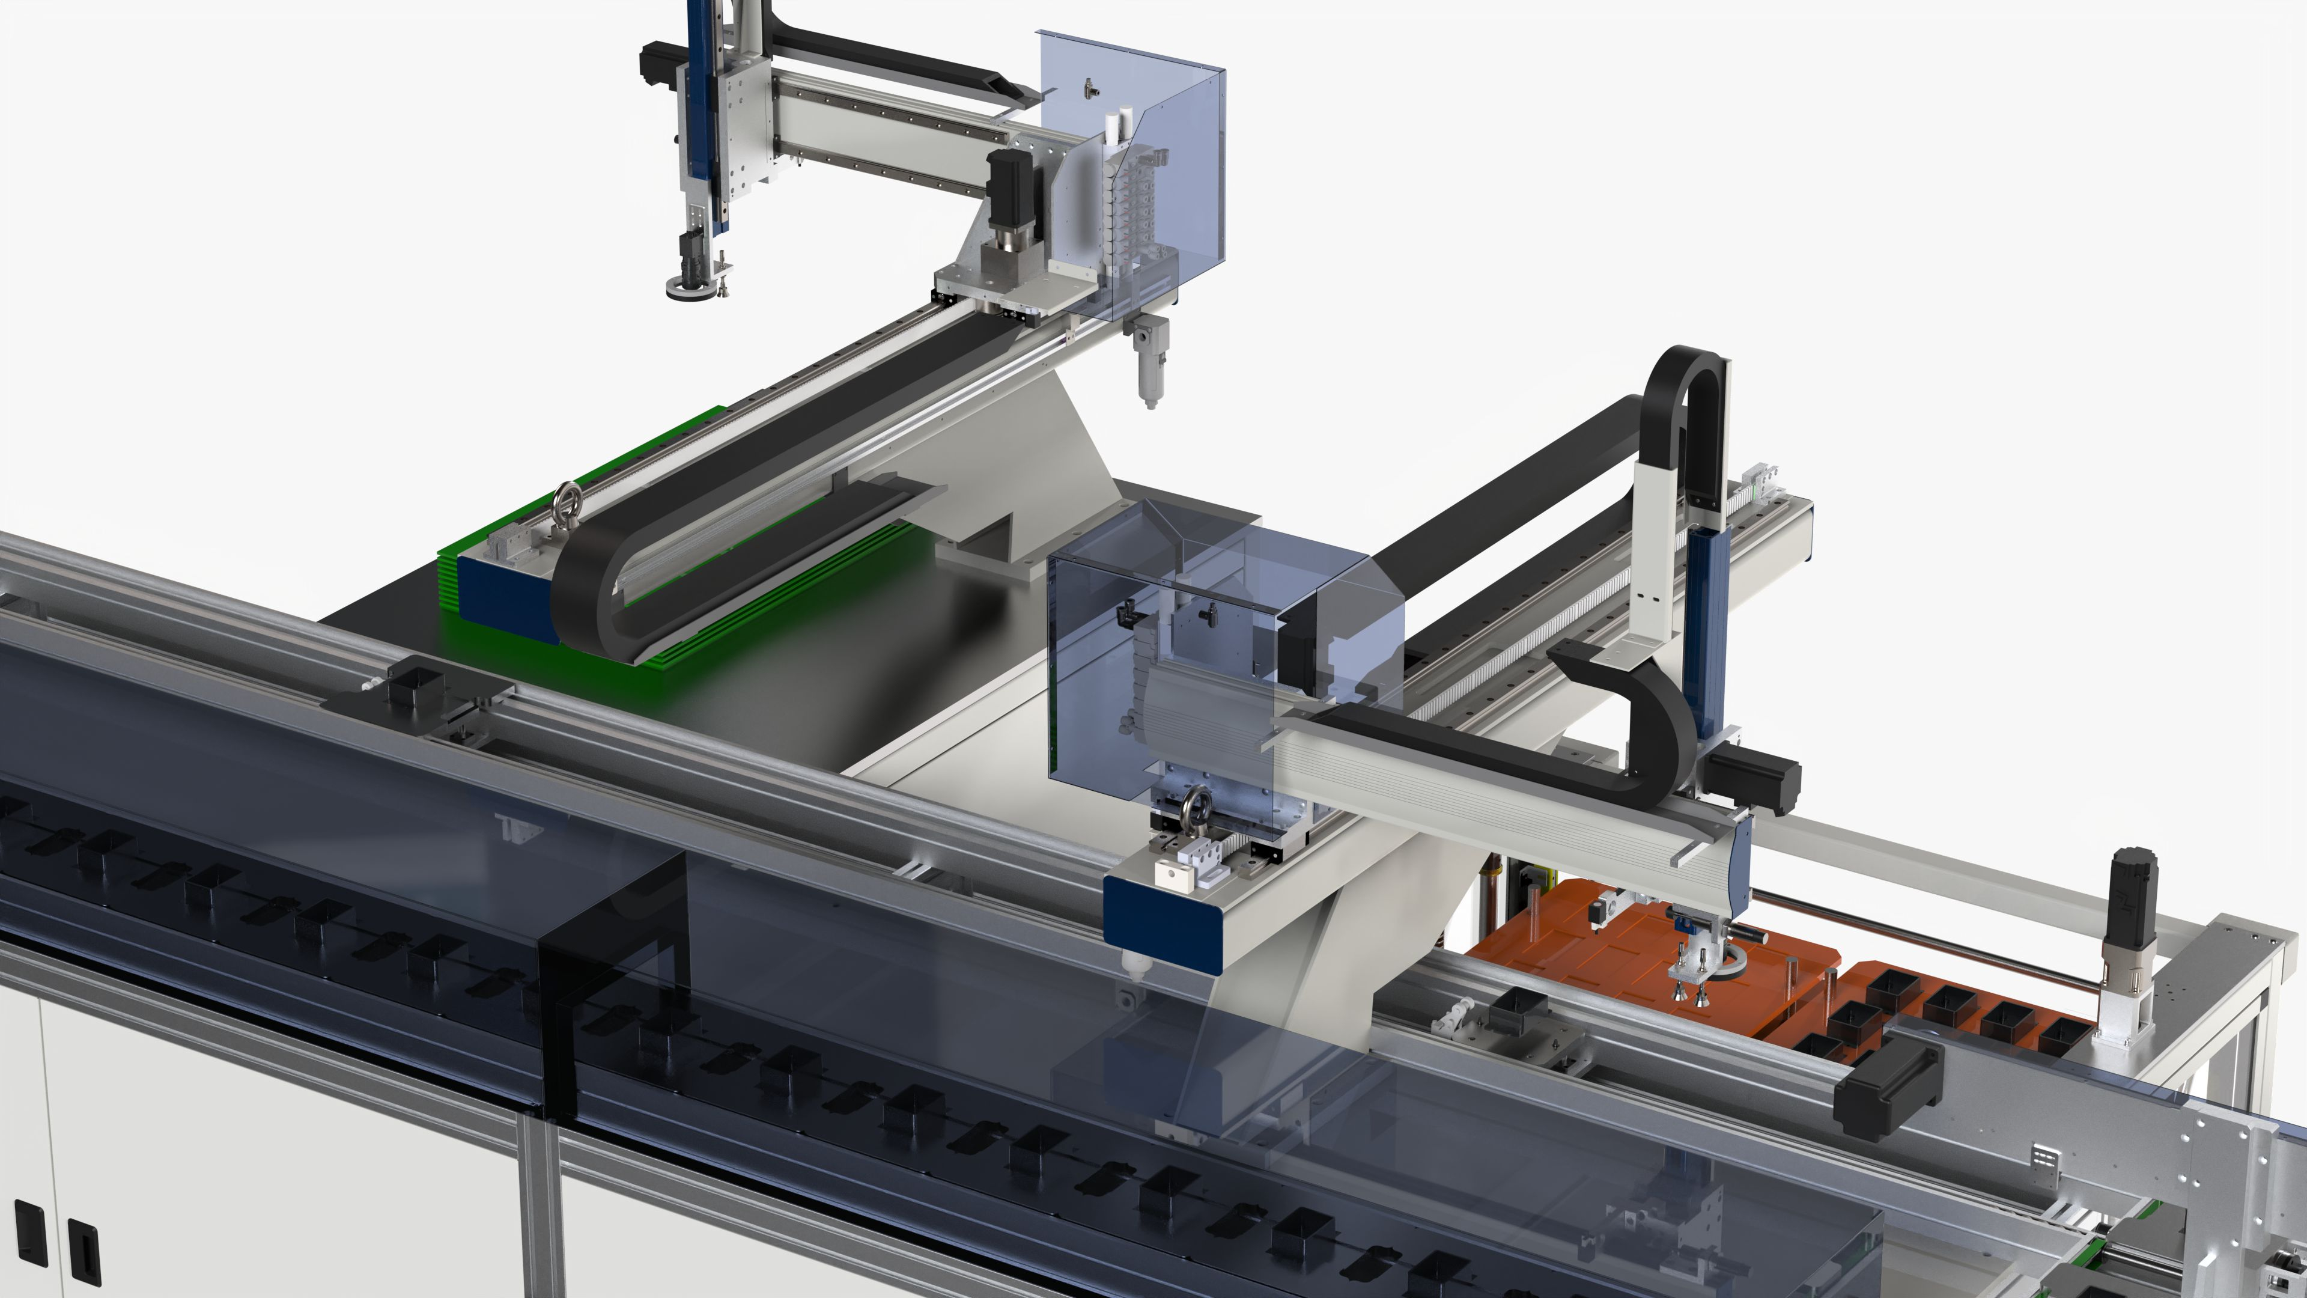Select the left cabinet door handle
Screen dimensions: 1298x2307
point(29,1234)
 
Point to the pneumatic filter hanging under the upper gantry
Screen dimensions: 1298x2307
point(1146,363)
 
